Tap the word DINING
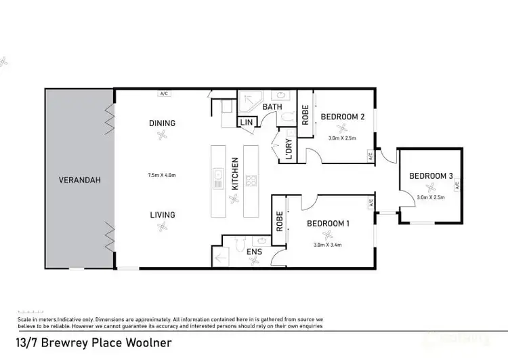click(x=162, y=123)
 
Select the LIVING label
click(x=163, y=215)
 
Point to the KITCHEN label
click(x=235, y=174)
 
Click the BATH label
click(x=272, y=107)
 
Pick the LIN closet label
click(x=245, y=123)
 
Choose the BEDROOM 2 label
click(x=343, y=117)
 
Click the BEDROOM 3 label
click(x=431, y=176)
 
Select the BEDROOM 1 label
click(x=329, y=223)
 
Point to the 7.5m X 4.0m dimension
click(x=162, y=175)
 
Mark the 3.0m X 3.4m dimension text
click(x=329, y=245)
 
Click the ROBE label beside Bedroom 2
click(x=305, y=114)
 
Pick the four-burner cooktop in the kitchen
click(x=251, y=180)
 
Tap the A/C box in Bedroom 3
click(x=457, y=184)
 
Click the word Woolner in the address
click(x=146, y=343)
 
